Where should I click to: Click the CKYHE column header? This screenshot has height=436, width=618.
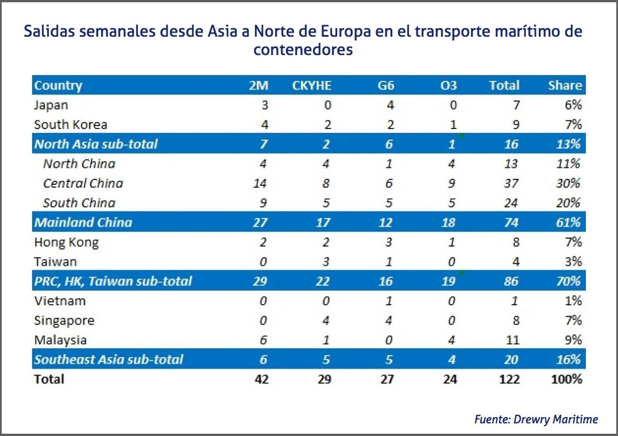pyautogui.click(x=312, y=85)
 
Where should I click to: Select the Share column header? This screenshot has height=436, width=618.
pyautogui.click(x=565, y=85)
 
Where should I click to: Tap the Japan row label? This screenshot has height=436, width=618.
pyautogui.click(x=51, y=105)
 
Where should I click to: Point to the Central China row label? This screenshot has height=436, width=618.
pyautogui.click(x=83, y=184)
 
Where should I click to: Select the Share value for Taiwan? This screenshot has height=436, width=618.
pyautogui.click(x=574, y=262)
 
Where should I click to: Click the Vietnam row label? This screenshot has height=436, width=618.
pyautogui.click(x=60, y=301)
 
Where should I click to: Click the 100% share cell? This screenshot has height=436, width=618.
pyautogui.click(x=568, y=379)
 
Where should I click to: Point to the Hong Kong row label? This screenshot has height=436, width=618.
pyautogui.click(x=66, y=242)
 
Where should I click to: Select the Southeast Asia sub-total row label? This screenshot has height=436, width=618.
pyautogui.click(x=108, y=360)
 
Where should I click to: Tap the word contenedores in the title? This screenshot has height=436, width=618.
pyautogui.click(x=303, y=50)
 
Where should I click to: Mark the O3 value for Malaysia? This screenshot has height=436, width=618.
pyautogui.click(x=452, y=340)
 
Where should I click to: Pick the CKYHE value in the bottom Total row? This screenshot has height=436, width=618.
pyautogui.click(x=324, y=379)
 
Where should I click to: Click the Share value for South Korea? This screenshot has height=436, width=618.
pyautogui.click(x=574, y=124)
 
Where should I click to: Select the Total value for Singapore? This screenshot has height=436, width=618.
pyautogui.click(x=515, y=321)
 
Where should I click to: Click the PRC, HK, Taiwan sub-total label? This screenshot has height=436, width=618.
pyautogui.click(x=113, y=282)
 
